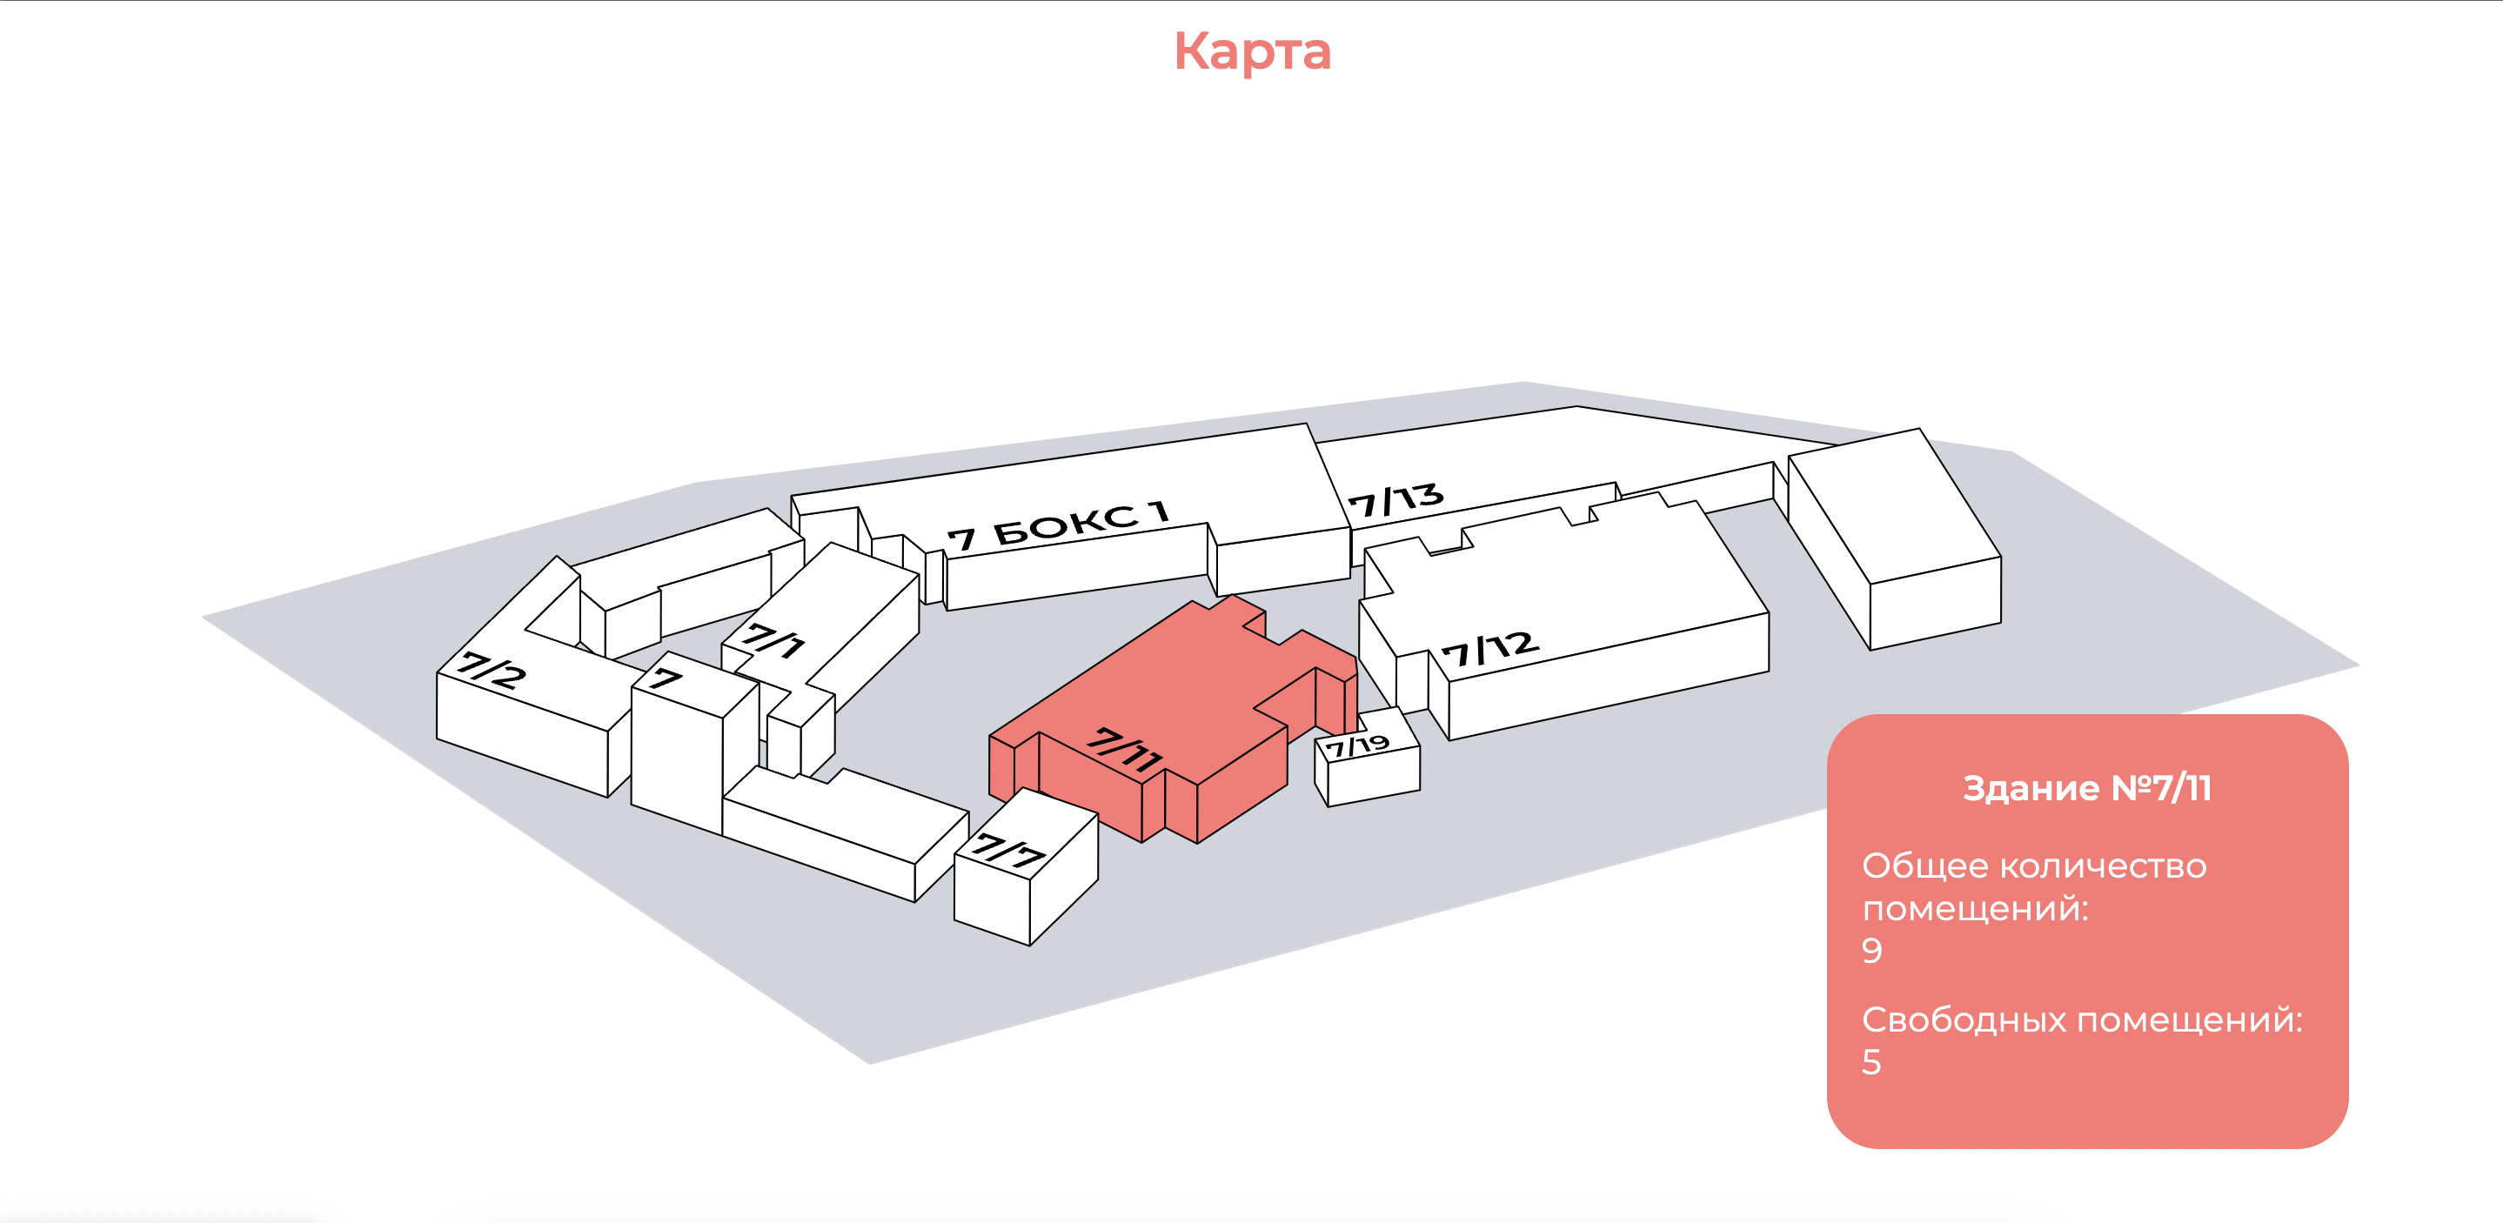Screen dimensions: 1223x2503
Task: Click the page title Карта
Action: (1251, 51)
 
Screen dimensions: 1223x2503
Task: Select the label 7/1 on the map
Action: (774, 640)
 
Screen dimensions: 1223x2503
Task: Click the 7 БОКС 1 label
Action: (1058, 525)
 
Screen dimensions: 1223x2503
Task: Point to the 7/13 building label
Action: (1395, 500)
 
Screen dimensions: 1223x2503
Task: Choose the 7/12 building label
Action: (1489, 649)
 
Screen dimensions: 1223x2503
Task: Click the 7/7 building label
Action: (1009, 851)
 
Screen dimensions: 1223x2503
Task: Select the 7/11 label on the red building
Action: (1124, 749)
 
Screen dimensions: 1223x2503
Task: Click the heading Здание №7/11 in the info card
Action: (2086, 788)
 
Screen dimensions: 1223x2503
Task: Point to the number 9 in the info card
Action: (1871, 950)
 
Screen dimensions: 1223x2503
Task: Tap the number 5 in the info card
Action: (1871, 1062)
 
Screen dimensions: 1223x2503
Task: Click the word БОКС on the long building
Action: (1066, 525)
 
